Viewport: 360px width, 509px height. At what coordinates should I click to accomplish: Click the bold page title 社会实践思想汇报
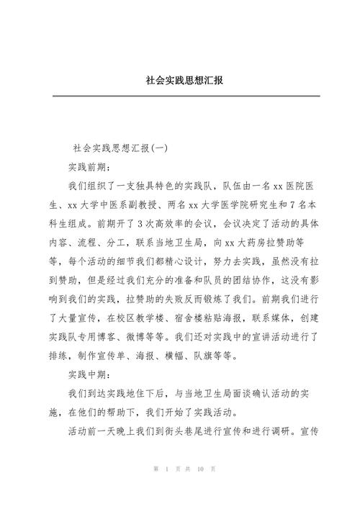point(179,80)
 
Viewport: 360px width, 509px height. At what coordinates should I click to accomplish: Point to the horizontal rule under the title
point(179,96)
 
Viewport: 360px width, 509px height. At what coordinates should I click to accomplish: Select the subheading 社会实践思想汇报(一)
point(120,149)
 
